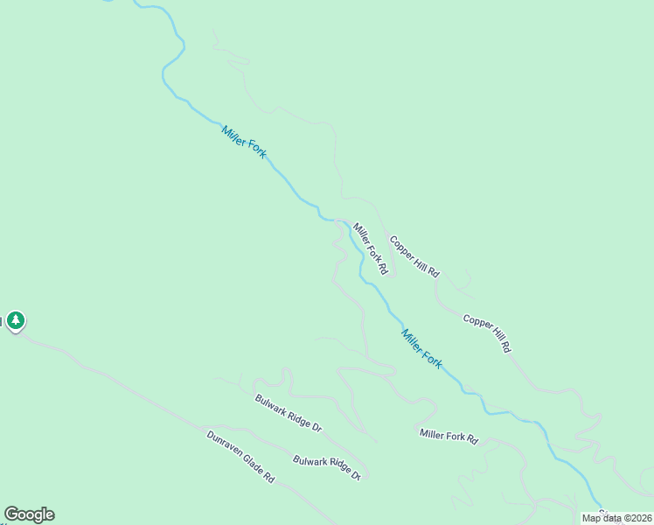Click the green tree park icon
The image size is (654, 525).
click(x=16, y=321)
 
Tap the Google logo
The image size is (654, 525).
click(x=29, y=514)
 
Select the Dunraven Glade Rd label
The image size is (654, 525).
click(x=240, y=457)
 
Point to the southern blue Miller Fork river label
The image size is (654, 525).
click(x=421, y=348)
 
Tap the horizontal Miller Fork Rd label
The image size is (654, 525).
click(x=449, y=436)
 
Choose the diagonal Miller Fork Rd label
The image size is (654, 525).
click(x=370, y=249)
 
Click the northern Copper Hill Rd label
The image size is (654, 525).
click(x=414, y=256)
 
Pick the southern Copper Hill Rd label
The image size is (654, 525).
click(x=487, y=333)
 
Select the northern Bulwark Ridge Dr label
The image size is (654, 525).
click(x=289, y=414)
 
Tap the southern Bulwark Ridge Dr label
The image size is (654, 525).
click(x=326, y=466)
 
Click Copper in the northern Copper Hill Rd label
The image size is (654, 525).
click(x=401, y=247)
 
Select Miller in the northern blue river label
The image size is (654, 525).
click(x=233, y=134)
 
